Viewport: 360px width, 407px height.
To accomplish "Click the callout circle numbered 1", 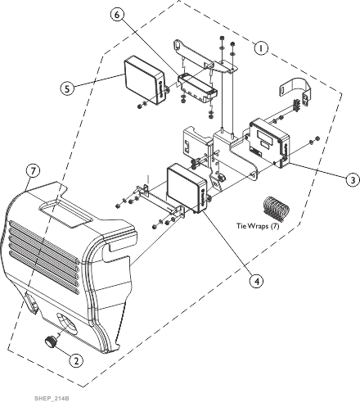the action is (261, 48).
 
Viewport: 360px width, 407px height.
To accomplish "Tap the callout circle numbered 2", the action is (76, 360).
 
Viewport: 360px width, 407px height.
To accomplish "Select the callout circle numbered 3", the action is (353, 180).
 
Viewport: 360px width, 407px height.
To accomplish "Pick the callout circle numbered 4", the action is (257, 281).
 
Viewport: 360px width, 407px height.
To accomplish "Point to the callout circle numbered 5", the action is (67, 88).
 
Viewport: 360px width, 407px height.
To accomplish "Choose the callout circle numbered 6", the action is (117, 15).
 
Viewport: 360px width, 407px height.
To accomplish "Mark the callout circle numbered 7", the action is (33, 171).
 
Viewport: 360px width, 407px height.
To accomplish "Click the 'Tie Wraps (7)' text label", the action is (258, 226).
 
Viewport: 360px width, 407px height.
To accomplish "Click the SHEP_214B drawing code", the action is (52, 398).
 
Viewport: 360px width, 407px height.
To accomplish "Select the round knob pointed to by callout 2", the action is (51, 341).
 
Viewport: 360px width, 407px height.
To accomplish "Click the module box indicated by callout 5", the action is (145, 80).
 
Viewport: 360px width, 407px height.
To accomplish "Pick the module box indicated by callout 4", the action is (187, 188).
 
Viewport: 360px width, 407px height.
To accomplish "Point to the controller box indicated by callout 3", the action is (270, 142).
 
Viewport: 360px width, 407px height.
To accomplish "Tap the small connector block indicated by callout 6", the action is (198, 88).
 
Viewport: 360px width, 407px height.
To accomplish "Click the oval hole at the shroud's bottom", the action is (67, 324).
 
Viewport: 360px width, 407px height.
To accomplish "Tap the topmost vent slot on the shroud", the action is (44, 241).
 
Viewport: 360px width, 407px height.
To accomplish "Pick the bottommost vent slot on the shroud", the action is (44, 273).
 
